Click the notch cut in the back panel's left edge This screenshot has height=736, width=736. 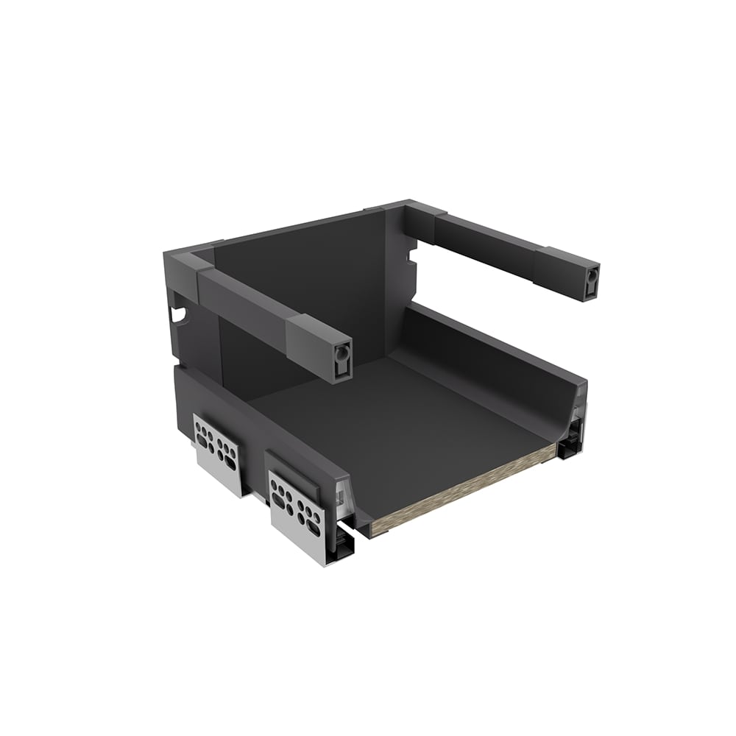coord(177,314)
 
